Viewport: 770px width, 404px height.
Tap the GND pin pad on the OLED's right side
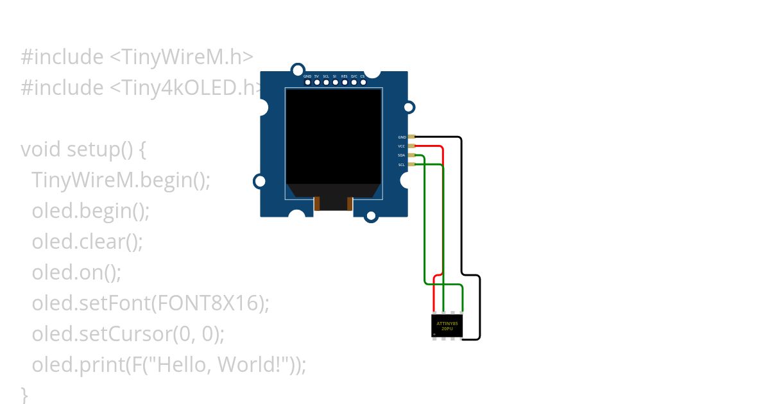coord(412,137)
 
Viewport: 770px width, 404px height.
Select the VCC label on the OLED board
coord(402,146)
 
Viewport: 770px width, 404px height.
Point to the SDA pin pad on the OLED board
coord(412,155)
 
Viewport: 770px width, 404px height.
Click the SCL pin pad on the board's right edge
coord(412,164)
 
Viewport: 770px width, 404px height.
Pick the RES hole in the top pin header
coord(345,82)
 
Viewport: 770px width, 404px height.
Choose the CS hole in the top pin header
coord(363,82)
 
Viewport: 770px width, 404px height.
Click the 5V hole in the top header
coord(317,82)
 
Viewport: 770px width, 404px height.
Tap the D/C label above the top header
coord(354,76)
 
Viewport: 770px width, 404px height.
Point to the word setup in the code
coord(92,149)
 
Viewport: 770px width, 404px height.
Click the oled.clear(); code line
coord(87,242)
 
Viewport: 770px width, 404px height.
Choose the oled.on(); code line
coord(76,273)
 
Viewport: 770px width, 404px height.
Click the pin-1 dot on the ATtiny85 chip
coord(435,333)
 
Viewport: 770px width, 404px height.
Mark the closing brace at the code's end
coord(24,392)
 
